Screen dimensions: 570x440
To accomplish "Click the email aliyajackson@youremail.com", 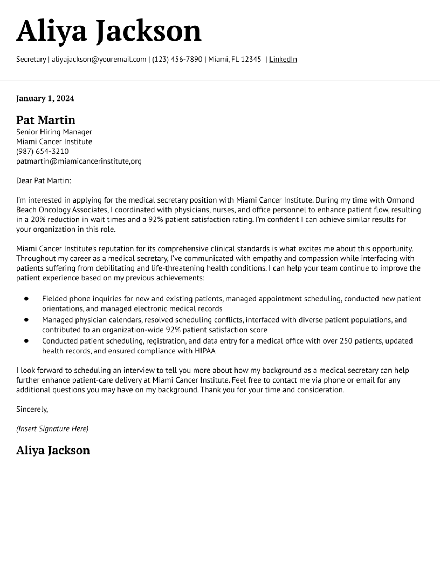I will pos(99,60).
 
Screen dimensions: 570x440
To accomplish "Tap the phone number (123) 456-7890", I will pos(177,60).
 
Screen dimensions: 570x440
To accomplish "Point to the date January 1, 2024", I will pos(45,98).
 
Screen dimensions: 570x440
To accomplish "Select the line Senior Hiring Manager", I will pos(54,132).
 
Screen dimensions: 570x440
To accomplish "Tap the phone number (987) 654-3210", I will pos(42,151).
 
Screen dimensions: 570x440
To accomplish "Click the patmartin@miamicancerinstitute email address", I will pos(79,161).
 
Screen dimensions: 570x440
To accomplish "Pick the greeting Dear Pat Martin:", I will pos(43,181).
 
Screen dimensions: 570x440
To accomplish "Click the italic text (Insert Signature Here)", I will pos(52,429).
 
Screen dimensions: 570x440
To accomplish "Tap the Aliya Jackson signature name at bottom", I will pos(53,450).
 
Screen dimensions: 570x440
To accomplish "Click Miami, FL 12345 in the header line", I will pos(234,60).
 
